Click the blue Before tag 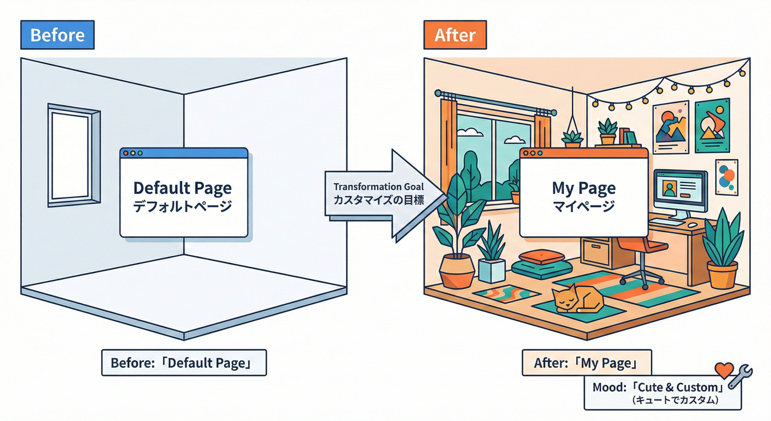pos(57,36)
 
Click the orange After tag pos(454,36)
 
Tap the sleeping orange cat pos(578,299)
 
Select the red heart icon pos(724,371)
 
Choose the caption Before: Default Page pos(183,363)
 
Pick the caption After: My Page pos(586,363)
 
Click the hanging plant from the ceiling pos(573,137)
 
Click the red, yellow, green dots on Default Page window pos(131,153)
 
